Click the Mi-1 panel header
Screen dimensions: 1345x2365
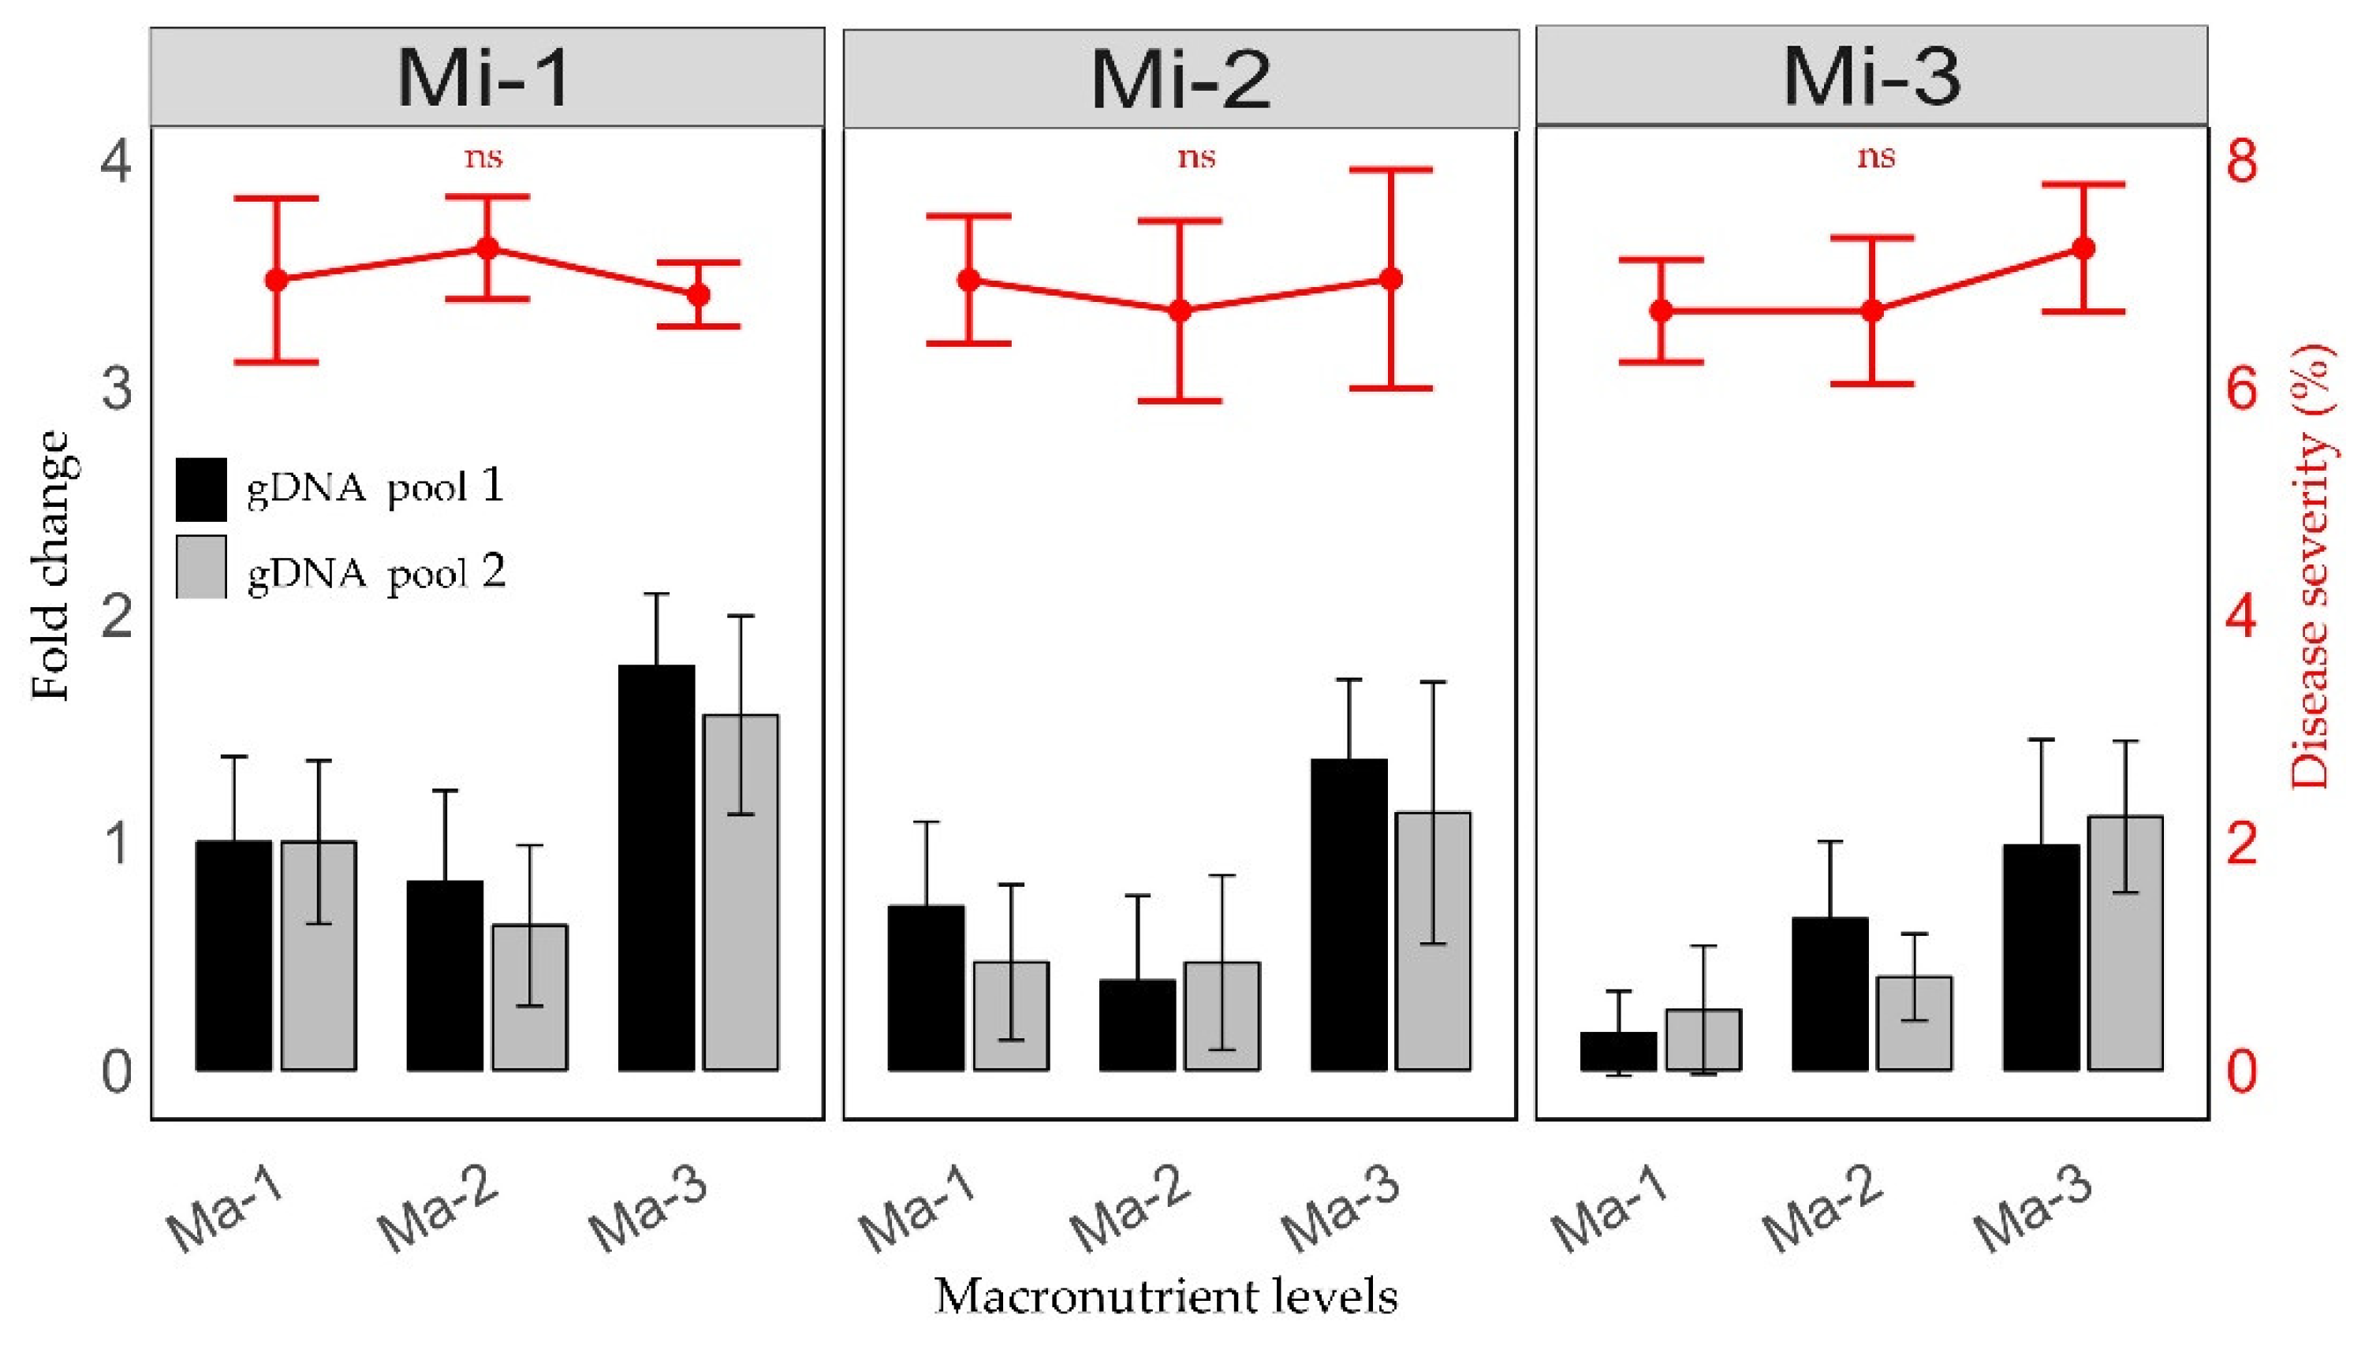click(x=487, y=77)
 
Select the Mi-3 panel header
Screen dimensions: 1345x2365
click(x=1871, y=76)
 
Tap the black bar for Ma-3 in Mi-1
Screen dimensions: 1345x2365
click(x=656, y=868)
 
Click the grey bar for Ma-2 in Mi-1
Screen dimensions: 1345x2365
click(x=529, y=997)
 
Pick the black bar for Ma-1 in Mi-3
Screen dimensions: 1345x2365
click(x=1618, y=1051)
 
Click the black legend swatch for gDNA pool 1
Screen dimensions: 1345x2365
click(x=201, y=489)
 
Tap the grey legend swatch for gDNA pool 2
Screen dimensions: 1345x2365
click(x=201, y=566)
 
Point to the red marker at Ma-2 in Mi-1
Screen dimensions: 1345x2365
click(x=487, y=248)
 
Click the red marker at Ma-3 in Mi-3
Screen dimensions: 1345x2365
click(x=2083, y=248)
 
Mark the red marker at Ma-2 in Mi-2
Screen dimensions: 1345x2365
click(x=1180, y=311)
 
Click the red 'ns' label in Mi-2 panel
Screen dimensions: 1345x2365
click(x=1196, y=157)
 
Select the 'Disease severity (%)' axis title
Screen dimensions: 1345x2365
click(x=2311, y=565)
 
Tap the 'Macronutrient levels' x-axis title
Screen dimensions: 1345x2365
click(x=1166, y=1296)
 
